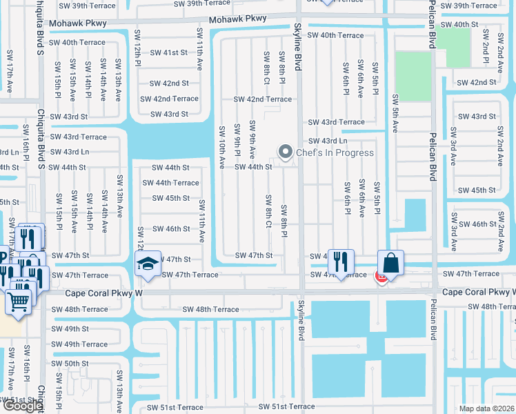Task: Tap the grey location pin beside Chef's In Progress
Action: click(x=284, y=152)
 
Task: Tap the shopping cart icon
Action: click(x=18, y=301)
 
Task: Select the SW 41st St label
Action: click(x=169, y=52)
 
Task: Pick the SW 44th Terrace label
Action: click(x=170, y=183)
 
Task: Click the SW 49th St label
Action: click(x=71, y=329)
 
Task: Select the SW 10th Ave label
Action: click(x=222, y=147)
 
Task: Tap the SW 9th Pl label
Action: click(x=237, y=139)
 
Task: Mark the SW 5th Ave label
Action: click(x=395, y=113)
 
